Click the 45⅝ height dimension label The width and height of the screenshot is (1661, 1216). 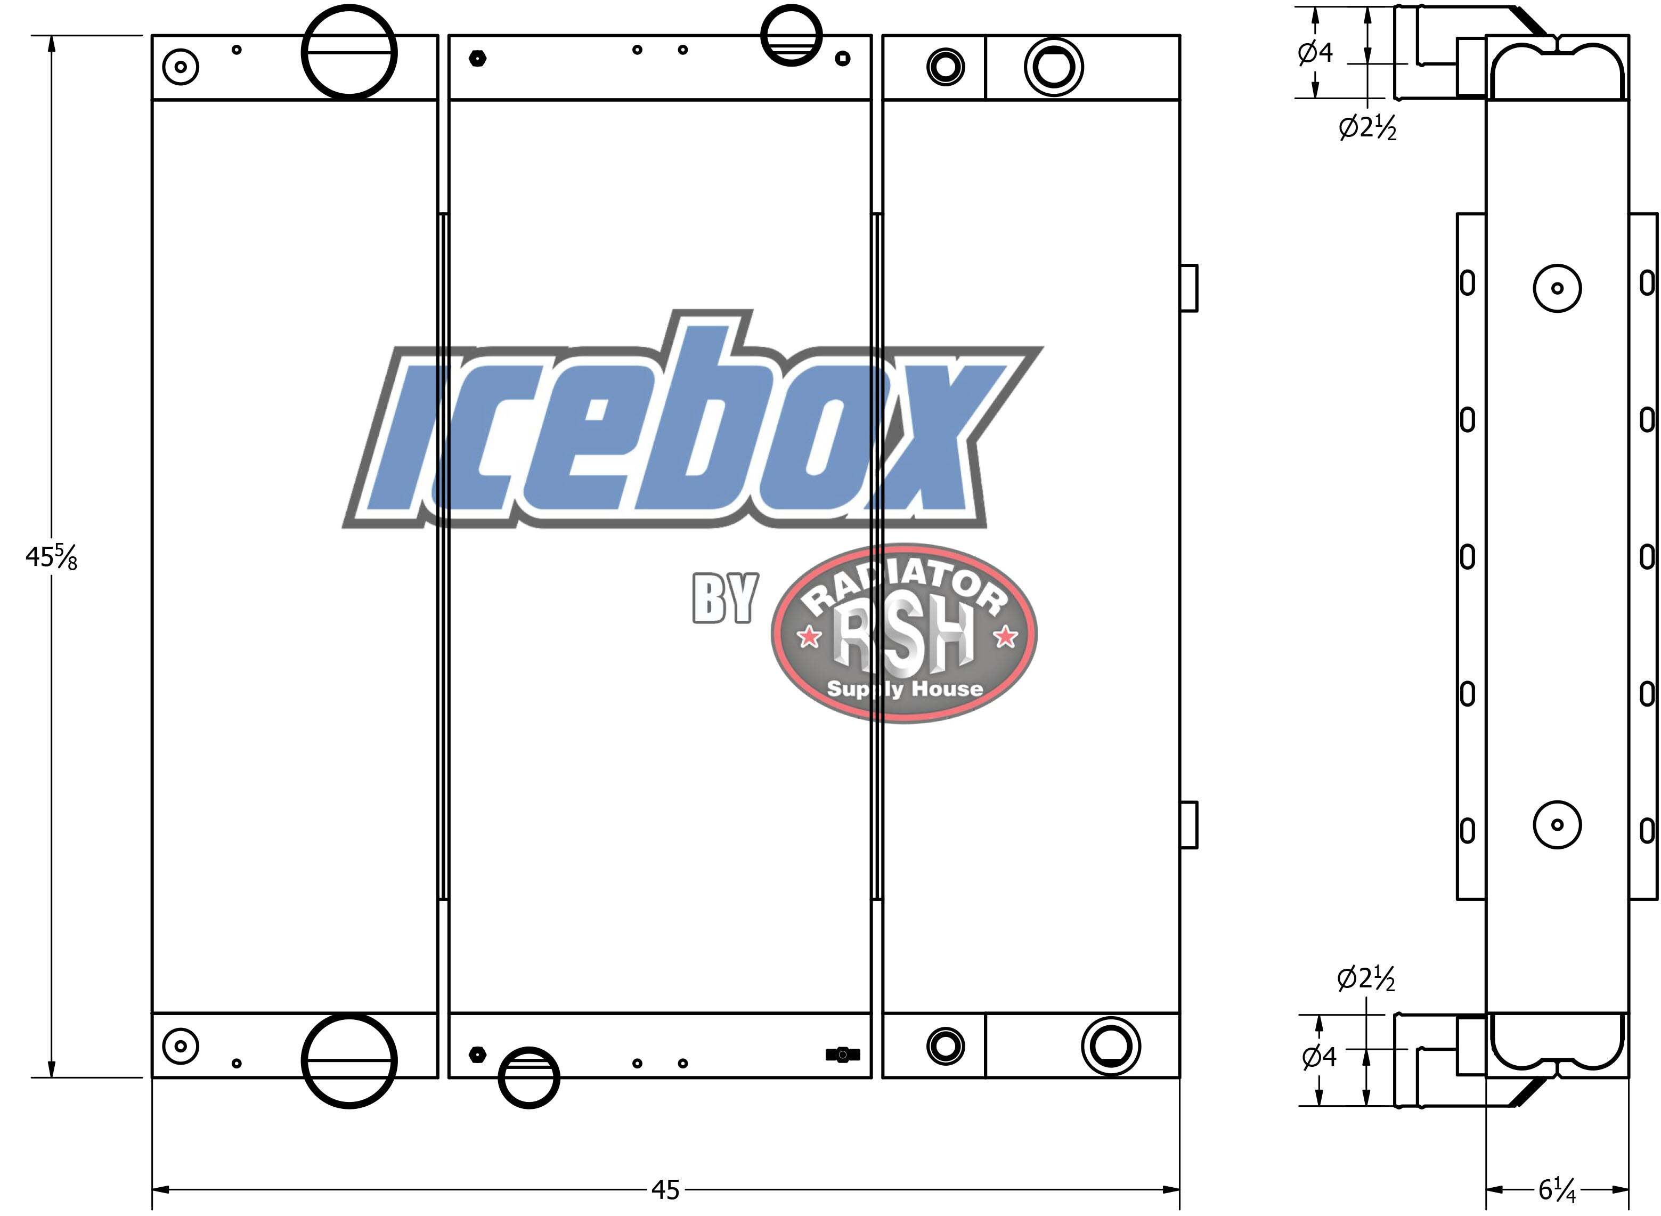coord(51,557)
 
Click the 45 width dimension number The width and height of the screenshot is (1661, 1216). coord(665,1189)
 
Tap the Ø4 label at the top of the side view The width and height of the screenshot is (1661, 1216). coord(1315,52)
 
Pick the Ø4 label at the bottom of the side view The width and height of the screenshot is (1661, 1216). coord(1319,1057)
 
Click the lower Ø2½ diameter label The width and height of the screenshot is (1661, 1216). coord(1366,978)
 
